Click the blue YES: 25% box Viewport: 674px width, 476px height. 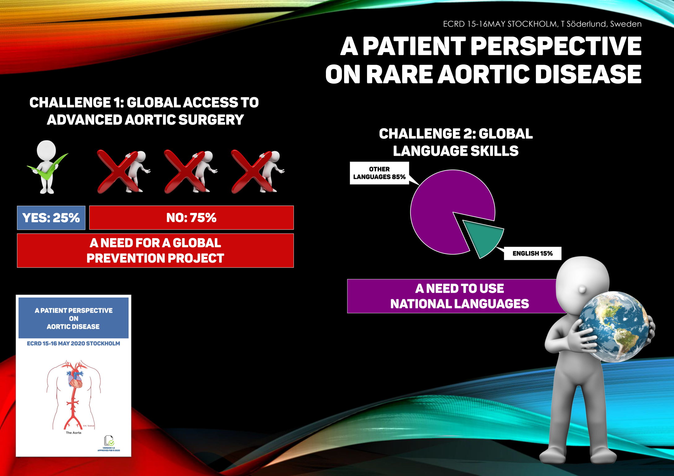click(51, 218)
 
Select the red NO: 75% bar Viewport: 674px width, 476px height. click(191, 218)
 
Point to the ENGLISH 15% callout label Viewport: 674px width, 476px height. click(532, 254)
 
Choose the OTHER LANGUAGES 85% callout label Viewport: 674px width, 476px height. click(379, 173)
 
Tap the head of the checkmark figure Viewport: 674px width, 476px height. click(46, 150)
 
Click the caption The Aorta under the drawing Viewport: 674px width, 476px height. click(74, 433)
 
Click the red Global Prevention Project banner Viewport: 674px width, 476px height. click(155, 251)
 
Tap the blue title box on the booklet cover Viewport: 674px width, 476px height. click(74, 318)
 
